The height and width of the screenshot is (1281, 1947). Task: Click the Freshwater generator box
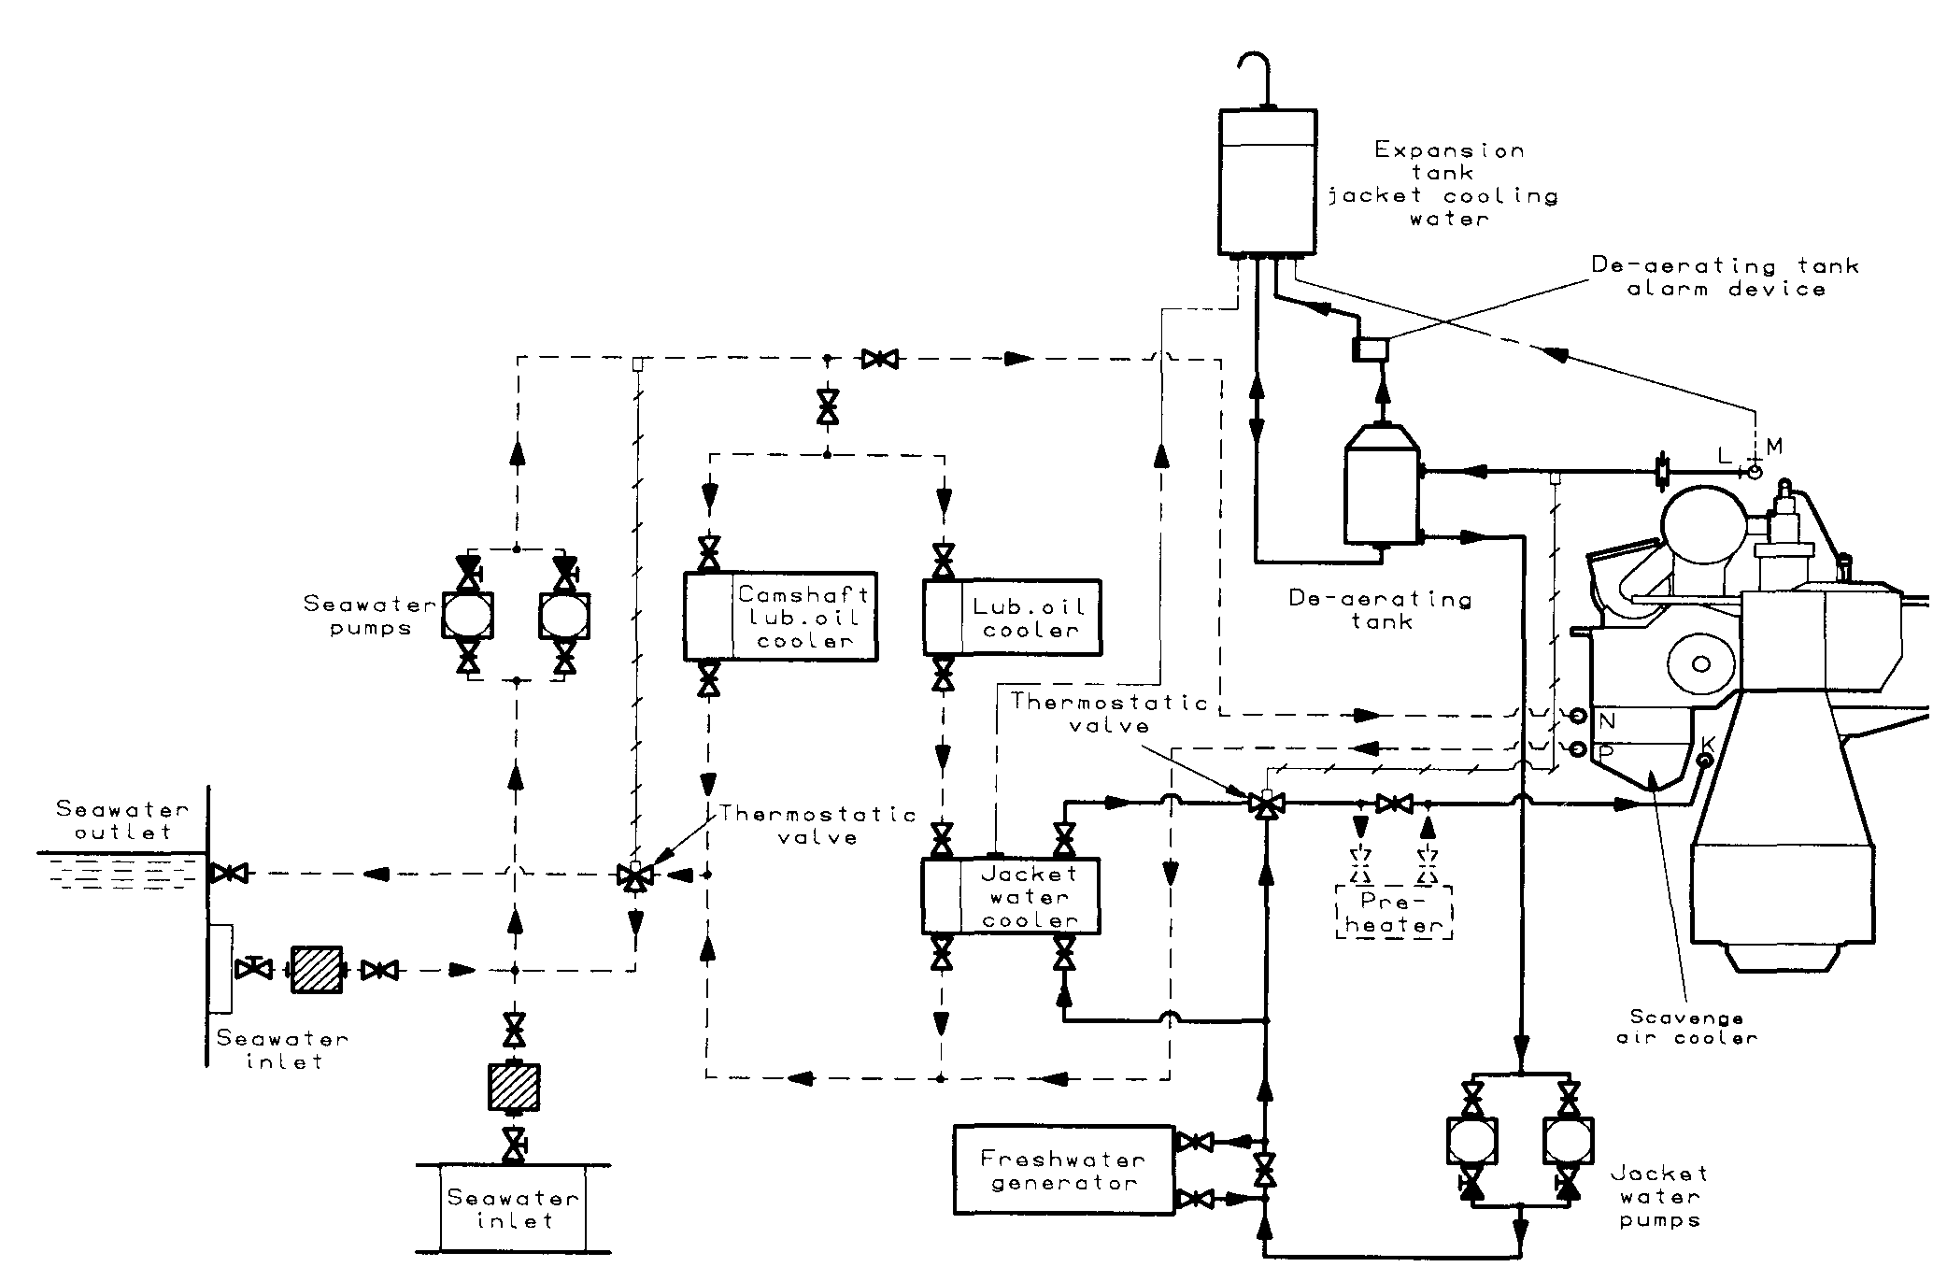point(1063,1170)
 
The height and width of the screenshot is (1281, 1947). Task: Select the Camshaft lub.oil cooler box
point(781,617)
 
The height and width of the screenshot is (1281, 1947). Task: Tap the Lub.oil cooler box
point(1013,618)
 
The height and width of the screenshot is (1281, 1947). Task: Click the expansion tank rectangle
point(1268,182)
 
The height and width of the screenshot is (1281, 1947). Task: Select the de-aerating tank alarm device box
point(1371,349)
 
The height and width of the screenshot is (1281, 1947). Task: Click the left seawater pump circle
point(468,616)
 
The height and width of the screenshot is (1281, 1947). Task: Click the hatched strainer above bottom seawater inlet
point(514,1088)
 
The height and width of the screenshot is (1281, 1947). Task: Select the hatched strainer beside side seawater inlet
point(318,970)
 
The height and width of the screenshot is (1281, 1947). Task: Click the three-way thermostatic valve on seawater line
point(635,875)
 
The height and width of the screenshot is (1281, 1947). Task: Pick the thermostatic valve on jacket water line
point(1267,803)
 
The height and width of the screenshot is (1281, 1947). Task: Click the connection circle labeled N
point(1578,717)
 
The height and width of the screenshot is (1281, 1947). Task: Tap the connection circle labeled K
point(1702,761)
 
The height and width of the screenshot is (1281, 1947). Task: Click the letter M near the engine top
point(1774,448)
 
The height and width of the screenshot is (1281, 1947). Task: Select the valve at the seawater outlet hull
point(227,875)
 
